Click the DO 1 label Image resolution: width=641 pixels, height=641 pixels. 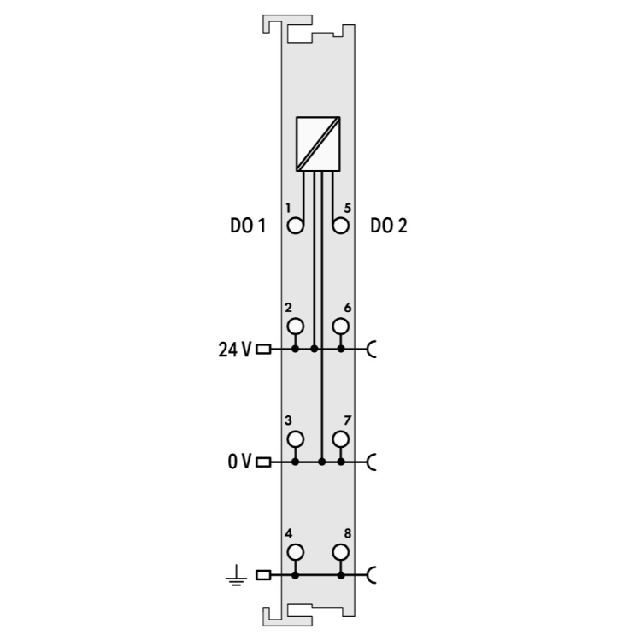[x=248, y=226]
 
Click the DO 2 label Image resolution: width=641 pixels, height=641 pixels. [x=389, y=226]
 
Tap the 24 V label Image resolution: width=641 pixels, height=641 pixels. [x=235, y=350]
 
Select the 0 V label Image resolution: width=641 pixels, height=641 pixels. [x=239, y=462]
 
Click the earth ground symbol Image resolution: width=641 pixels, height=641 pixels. [x=236, y=575]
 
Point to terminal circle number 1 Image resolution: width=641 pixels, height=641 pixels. [x=296, y=226]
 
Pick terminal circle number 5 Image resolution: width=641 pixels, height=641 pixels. [x=340, y=226]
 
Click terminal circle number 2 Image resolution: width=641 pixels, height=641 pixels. [x=296, y=326]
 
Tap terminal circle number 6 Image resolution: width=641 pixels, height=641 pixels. [x=340, y=326]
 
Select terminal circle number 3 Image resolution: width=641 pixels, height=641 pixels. [x=296, y=439]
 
